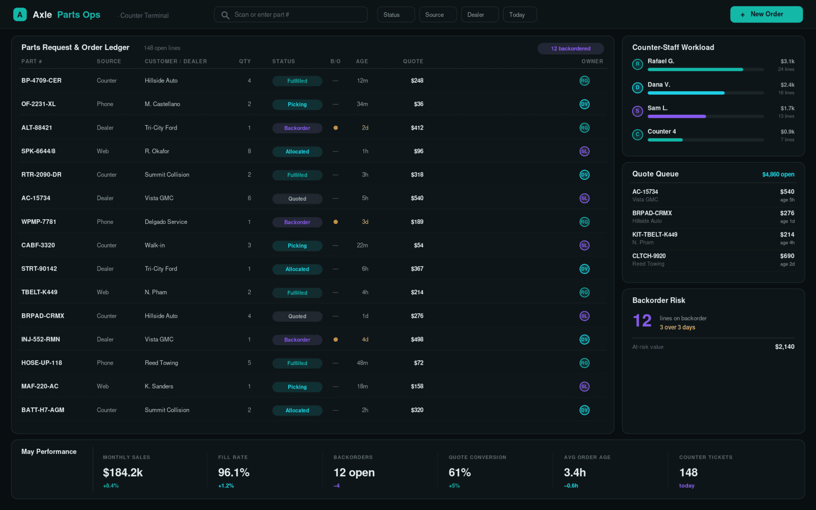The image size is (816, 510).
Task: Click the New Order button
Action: (x=766, y=15)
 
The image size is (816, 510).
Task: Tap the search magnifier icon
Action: (x=225, y=15)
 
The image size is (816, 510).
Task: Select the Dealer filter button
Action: (x=479, y=15)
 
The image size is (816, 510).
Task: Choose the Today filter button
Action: (x=520, y=15)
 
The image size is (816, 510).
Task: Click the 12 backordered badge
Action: (x=571, y=48)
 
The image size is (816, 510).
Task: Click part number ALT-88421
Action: (x=37, y=128)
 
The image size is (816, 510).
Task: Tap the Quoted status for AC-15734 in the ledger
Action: (x=297, y=198)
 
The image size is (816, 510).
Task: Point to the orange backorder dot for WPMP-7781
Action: (x=336, y=222)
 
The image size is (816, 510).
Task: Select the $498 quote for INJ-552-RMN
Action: (x=417, y=340)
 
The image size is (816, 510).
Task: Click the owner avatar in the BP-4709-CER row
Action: (x=584, y=81)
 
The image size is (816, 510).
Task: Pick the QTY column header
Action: (x=245, y=62)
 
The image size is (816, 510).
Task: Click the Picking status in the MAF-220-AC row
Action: (x=297, y=387)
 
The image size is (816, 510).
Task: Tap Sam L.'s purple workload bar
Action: (x=676, y=117)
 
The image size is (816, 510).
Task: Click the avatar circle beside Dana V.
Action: (x=637, y=88)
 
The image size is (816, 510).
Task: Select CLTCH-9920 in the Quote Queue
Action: (x=649, y=256)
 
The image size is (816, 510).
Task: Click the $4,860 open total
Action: (x=778, y=174)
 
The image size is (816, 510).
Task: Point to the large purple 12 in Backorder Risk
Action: (x=642, y=321)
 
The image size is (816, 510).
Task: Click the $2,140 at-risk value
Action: (x=785, y=347)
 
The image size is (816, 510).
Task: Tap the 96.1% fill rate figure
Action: (x=234, y=472)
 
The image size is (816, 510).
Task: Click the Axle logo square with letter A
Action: (x=20, y=15)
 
